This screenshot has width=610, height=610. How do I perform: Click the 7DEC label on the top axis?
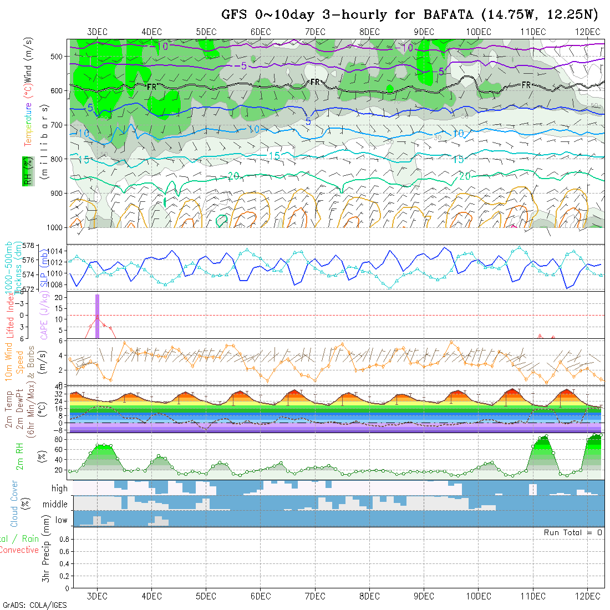coord(315,32)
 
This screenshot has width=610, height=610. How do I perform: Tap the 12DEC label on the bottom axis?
coord(588,596)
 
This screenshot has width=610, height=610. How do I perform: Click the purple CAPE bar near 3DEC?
coord(97,316)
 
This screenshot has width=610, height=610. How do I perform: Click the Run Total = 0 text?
coord(573,532)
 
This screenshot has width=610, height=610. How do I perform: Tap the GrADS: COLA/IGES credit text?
coord(34,605)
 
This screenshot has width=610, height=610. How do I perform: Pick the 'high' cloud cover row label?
coord(59,489)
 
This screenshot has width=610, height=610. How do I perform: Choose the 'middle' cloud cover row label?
coord(55,505)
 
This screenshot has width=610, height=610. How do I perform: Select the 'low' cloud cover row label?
coord(61,520)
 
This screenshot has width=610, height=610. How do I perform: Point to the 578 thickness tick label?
coord(28,245)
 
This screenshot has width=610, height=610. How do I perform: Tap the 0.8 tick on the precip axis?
coord(62,538)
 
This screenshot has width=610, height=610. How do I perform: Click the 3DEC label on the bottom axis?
coord(97,596)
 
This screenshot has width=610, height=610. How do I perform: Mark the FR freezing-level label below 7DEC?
coord(315,82)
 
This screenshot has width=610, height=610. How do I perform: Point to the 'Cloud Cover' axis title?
coord(14,504)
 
